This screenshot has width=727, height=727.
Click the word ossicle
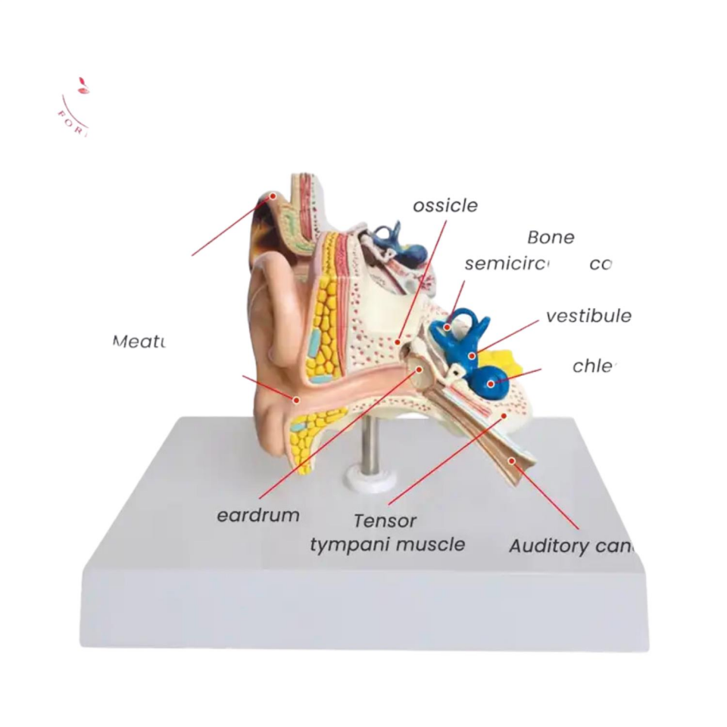(x=445, y=205)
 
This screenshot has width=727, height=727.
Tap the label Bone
(x=551, y=237)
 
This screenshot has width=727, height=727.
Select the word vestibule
(x=588, y=316)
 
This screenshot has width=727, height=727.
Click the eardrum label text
(x=257, y=516)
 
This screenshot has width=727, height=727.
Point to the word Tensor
(x=385, y=521)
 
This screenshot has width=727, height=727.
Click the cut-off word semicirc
(x=506, y=264)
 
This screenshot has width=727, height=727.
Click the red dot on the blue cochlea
(x=491, y=384)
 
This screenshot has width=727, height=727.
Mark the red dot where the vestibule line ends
(x=471, y=354)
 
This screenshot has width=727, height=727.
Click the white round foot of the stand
(x=363, y=478)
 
